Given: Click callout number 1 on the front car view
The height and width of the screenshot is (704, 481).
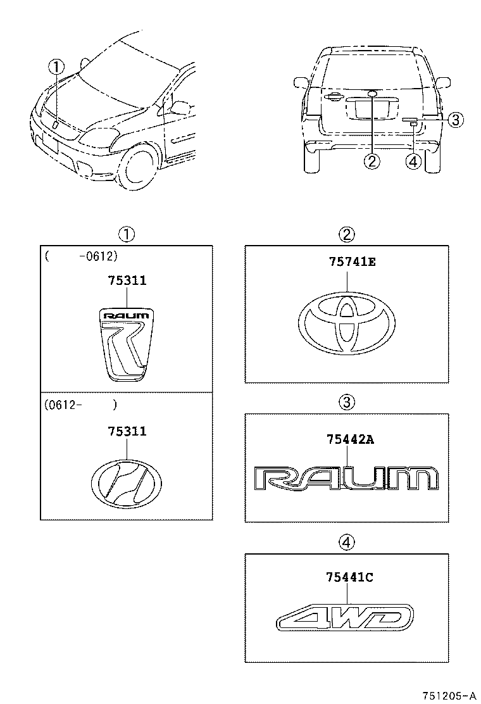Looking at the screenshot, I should pyautogui.click(x=58, y=66).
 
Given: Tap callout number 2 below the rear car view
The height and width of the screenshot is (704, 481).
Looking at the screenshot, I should pyautogui.click(x=372, y=161).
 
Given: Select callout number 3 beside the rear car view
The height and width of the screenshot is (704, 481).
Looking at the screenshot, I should pyautogui.click(x=456, y=119).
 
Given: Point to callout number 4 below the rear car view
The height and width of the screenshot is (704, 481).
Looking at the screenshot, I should pyautogui.click(x=413, y=161).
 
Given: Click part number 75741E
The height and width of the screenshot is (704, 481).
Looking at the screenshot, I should pyautogui.click(x=347, y=262).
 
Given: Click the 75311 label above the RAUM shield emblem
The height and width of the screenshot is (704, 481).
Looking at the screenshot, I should pyautogui.click(x=127, y=280).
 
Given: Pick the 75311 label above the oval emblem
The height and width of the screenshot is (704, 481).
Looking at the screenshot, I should pyautogui.click(x=127, y=431).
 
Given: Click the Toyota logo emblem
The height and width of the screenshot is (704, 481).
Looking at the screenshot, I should pyautogui.click(x=346, y=324).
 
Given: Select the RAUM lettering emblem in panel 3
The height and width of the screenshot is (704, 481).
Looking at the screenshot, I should pyautogui.click(x=346, y=478).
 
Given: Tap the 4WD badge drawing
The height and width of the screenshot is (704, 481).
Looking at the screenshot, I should pyautogui.click(x=346, y=617).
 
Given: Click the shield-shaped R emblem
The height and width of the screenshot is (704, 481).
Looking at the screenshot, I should pyautogui.click(x=127, y=345).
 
